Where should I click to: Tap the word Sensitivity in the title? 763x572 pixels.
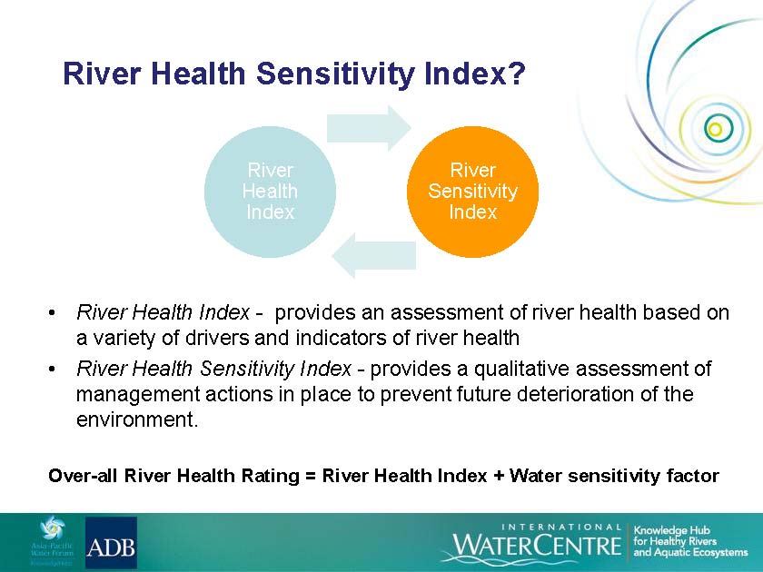pos(335,74)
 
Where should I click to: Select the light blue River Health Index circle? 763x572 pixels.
pos(270,192)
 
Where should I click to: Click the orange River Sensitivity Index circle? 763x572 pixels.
pos(472,192)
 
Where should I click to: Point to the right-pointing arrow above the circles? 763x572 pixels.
pos(369,128)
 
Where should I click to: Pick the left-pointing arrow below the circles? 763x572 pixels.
pos(373,255)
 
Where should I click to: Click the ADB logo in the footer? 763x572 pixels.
pos(111,542)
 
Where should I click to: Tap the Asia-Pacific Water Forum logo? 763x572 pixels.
pos(52,541)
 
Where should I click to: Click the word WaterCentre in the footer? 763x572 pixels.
pos(537,545)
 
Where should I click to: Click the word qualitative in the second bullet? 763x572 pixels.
pos(521,369)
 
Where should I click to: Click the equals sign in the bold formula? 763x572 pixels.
pos(311,476)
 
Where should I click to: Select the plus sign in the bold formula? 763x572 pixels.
pos(499,476)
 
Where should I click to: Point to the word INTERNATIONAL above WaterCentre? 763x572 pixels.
pos(561,528)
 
